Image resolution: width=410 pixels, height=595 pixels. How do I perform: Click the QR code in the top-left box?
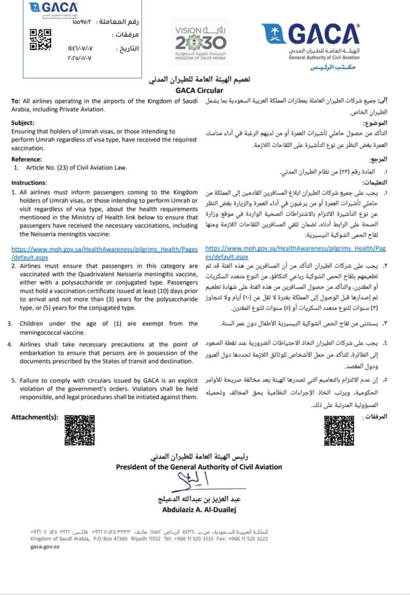coord(40,40)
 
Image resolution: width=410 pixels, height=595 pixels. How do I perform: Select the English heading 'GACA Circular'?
coord(199,91)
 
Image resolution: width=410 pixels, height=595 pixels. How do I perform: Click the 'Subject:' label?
coord(23,123)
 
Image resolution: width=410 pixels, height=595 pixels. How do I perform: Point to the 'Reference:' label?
coord(26,159)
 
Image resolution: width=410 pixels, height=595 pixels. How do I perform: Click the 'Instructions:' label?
coord(29,183)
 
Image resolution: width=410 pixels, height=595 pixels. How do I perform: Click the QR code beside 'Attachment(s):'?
coord(79,430)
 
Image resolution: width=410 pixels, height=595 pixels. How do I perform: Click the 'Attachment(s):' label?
coord(35,417)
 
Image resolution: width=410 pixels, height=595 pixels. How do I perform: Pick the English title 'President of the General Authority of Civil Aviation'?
coord(199,467)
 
